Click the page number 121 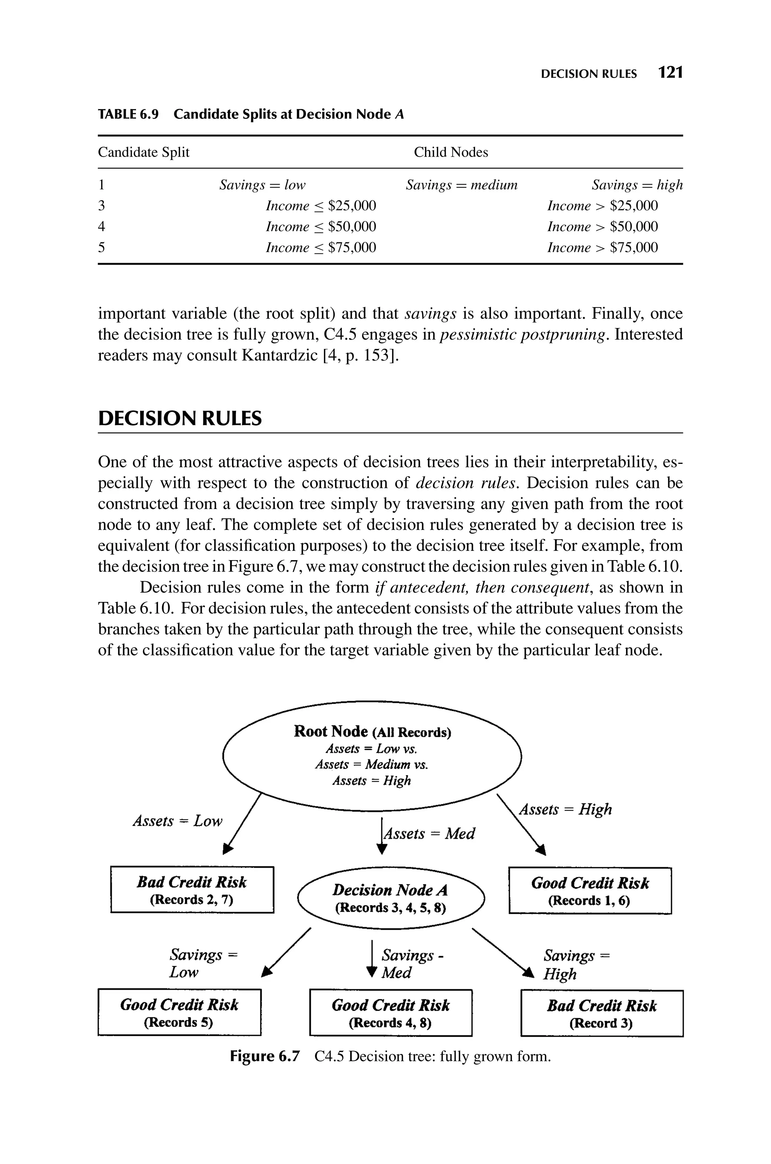click(x=671, y=73)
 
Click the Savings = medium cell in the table click(x=461, y=185)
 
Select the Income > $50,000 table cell click(x=602, y=227)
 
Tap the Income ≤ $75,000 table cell click(x=321, y=247)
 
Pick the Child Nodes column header click(x=450, y=152)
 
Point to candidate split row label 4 click(x=101, y=227)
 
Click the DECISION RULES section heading click(x=180, y=418)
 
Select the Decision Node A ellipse click(x=390, y=898)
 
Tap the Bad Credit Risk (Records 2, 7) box click(x=192, y=890)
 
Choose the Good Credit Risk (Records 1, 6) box click(x=590, y=891)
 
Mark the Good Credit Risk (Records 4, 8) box click(x=390, y=1013)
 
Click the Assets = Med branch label click(x=429, y=834)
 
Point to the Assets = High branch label click(x=565, y=809)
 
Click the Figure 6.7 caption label click(x=264, y=1056)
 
